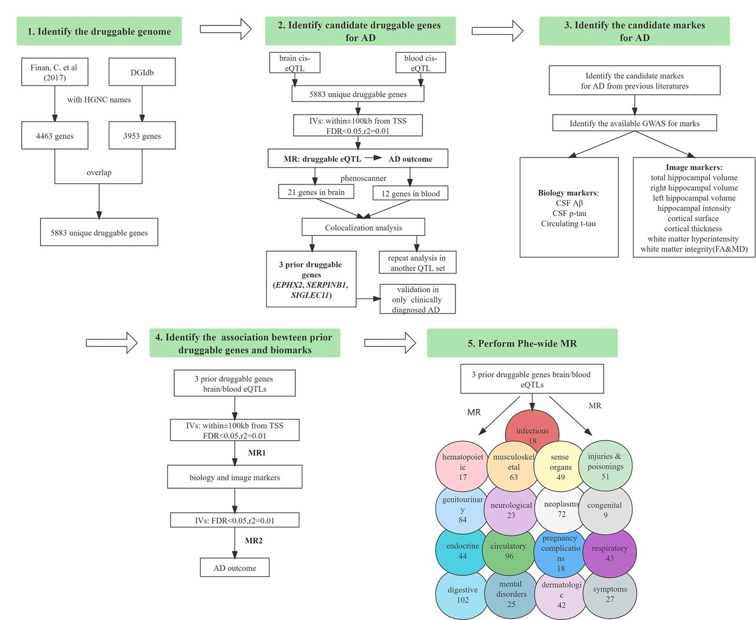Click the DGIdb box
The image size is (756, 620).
pos(142,72)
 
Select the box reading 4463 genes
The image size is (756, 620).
pos(54,135)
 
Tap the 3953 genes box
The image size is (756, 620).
pos(142,135)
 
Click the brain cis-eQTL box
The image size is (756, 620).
pos(295,63)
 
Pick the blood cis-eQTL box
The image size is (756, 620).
pos(421,63)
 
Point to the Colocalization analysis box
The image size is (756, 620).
pos(363,227)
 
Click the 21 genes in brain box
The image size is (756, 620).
pos(316,191)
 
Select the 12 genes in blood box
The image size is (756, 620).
pos(410,193)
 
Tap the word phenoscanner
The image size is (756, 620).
pos(363,178)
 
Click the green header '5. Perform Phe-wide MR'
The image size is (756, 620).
pos(522,343)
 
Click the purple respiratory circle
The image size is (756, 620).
pos(610,553)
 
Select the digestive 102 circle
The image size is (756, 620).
pos(462,594)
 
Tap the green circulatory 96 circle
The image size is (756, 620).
pos(509,551)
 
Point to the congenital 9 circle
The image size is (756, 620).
pos(605,509)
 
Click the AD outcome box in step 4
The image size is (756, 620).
pos(234,567)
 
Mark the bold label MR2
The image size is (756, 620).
pos(253,540)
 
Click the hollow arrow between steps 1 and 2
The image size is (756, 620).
pos(226,29)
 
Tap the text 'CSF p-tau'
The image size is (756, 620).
pos(569,213)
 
